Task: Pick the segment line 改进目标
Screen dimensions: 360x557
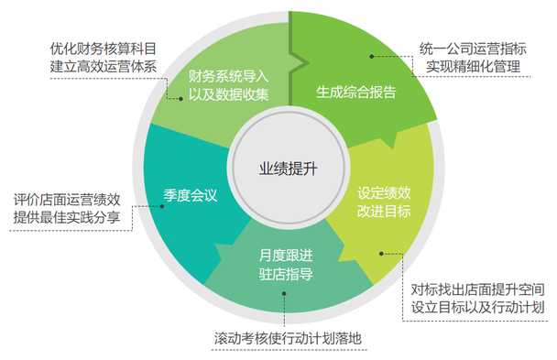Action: tap(384, 212)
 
